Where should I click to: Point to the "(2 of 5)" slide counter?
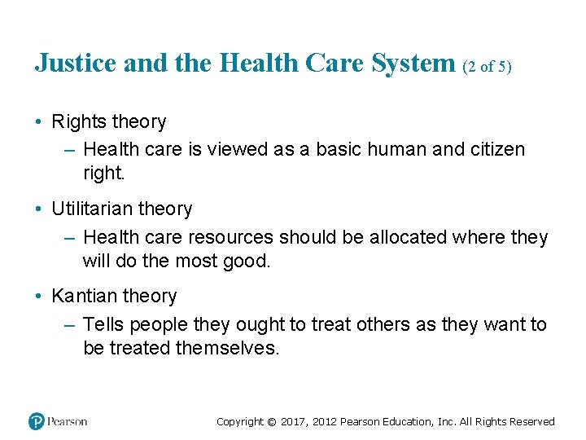(x=487, y=67)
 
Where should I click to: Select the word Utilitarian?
(x=90, y=209)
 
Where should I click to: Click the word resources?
(x=231, y=237)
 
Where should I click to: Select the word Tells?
(x=103, y=325)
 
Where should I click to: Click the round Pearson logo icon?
(x=37, y=421)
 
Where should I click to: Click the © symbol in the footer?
(x=272, y=422)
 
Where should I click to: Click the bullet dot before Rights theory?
(x=39, y=122)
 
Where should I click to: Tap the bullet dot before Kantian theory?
(x=39, y=297)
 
